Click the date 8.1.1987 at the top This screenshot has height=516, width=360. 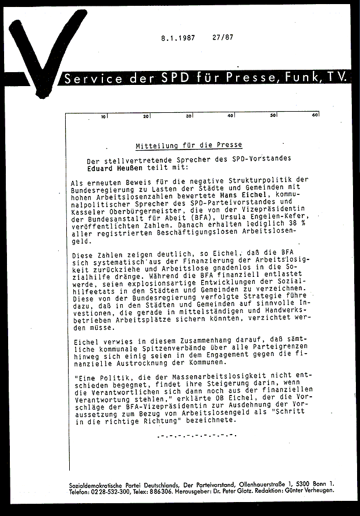click(x=177, y=39)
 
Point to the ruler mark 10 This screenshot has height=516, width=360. click(x=104, y=116)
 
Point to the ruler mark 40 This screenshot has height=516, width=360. click(x=231, y=116)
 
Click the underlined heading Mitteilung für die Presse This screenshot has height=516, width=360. click(x=188, y=145)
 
